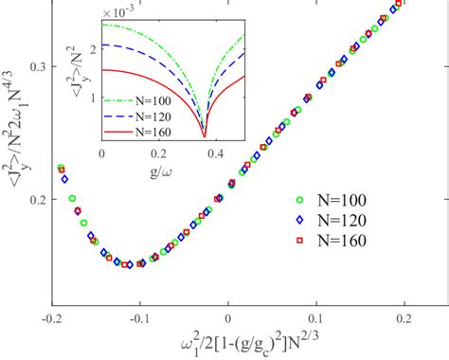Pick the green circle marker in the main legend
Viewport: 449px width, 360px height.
pyautogui.click(x=300, y=200)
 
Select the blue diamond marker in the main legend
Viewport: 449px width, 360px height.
pyautogui.click(x=300, y=220)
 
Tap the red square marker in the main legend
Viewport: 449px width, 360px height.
pyautogui.click(x=300, y=240)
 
